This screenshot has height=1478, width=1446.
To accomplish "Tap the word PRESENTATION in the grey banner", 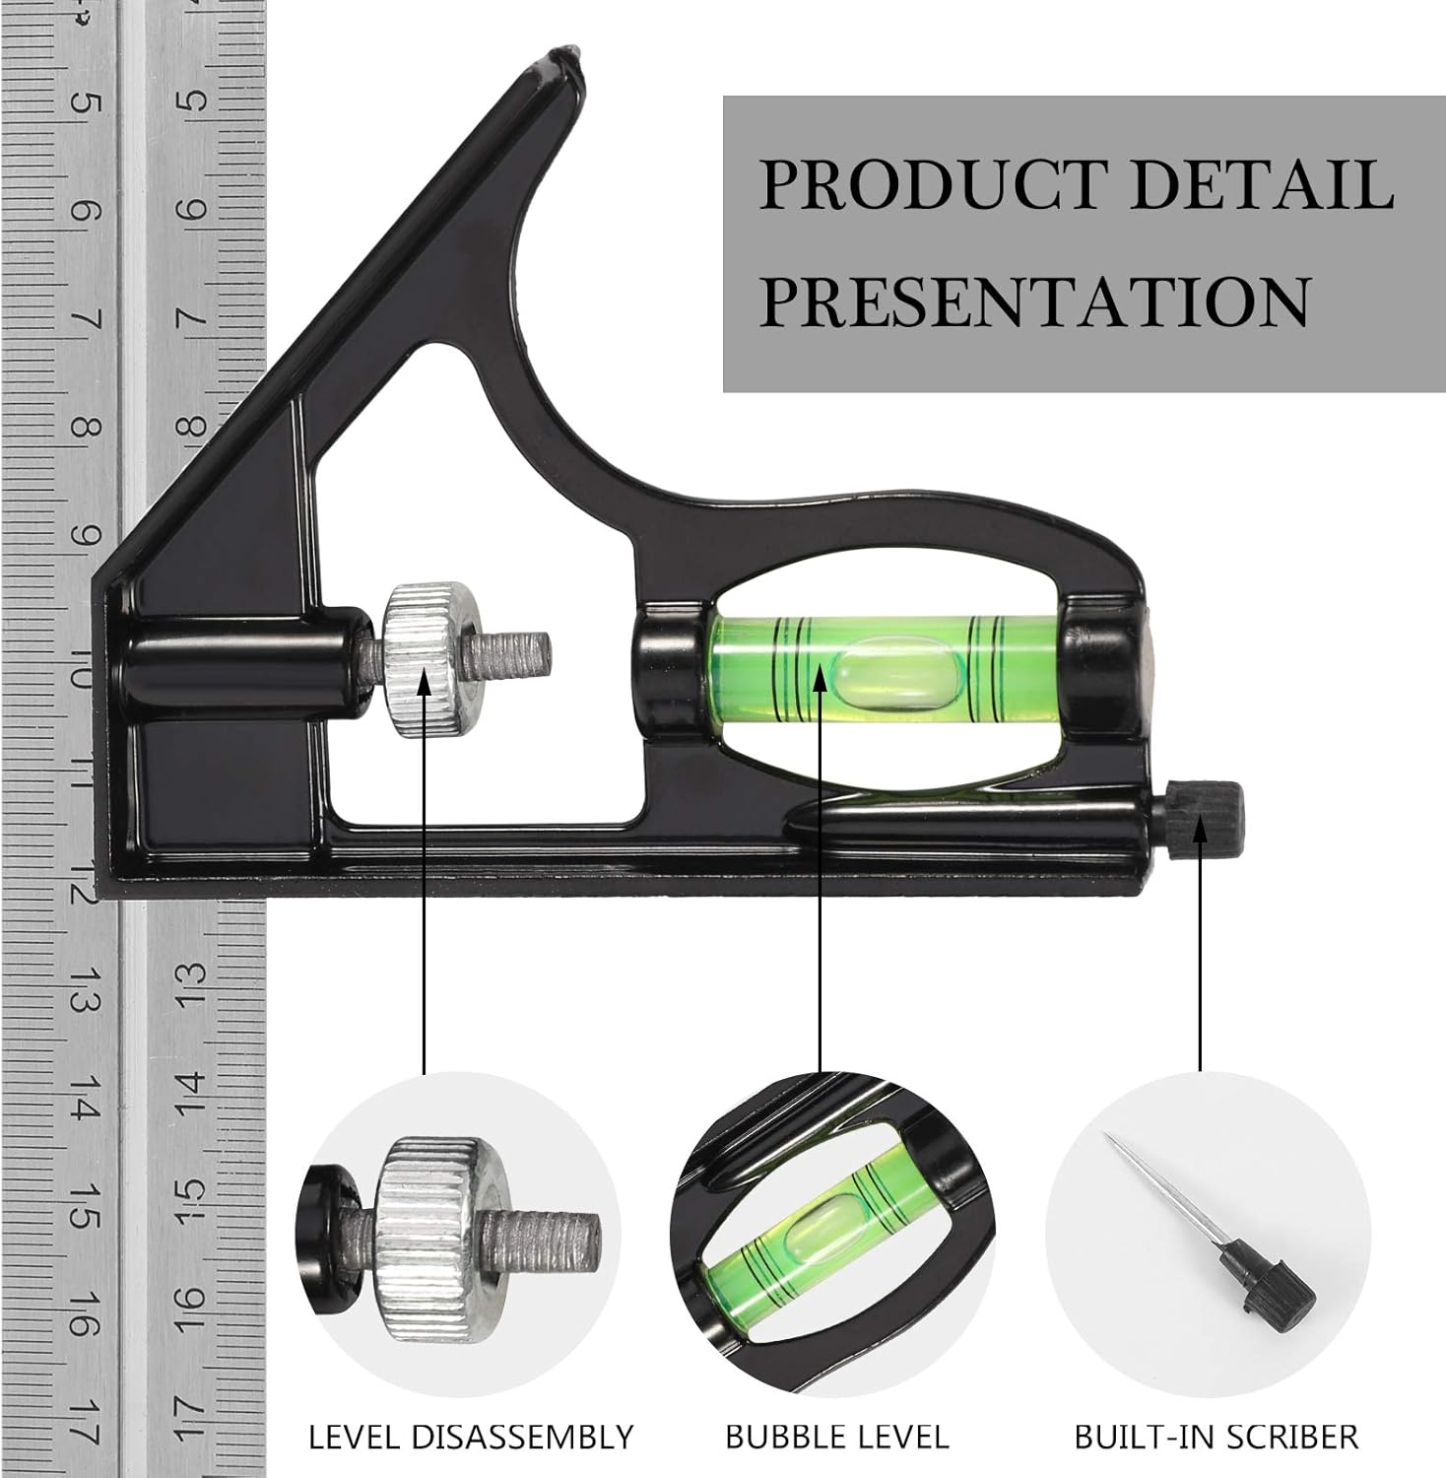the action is [1035, 301].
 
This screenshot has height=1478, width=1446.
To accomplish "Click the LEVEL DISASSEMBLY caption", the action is [471, 1437].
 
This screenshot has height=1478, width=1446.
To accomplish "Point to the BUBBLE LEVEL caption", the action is [837, 1437].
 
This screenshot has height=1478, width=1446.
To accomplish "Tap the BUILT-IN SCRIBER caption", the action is [1216, 1437].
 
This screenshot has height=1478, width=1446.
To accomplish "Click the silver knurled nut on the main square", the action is [425, 660].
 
